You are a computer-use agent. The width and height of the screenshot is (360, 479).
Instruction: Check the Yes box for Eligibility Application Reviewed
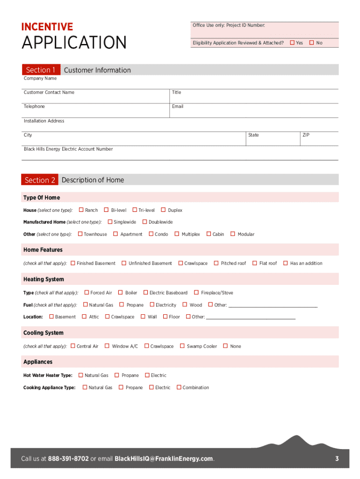pyautogui.click(x=292, y=43)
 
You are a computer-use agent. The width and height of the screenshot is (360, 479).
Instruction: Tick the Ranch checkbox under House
pyautogui.click(x=81, y=210)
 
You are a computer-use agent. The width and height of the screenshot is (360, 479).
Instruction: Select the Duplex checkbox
pyautogui.click(x=163, y=210)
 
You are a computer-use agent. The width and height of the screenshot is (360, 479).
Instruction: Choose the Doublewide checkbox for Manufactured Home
pyautogui.click(x=144, y=222)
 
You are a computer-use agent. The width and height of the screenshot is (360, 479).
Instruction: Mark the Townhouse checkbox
pyautogui.click(x=80, y=234)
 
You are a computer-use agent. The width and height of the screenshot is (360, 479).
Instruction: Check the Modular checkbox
pyautogui.click(x=233, y=234)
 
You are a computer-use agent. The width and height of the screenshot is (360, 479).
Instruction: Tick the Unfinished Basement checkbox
pyautogui.click(x=124, y=263)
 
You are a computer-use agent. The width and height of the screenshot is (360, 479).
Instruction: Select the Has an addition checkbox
pyautogui.click(x=285, y=263)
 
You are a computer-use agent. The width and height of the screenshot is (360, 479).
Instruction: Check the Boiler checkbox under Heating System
pyautogui.click(x=120, y=292)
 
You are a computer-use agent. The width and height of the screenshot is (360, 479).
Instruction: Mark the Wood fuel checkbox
pyautogui.click(x=185, y=305)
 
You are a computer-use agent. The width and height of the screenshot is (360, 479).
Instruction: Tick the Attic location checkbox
pyautogui.click(x=84, y=317)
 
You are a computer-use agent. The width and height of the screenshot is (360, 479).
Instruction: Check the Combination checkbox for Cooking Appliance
pyautogui.click(x=179, y=387)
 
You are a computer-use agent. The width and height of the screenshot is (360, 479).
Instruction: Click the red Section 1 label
pyautogui.click(x=41, y=70)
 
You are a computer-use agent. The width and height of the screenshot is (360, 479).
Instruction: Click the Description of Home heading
pyautogui.click(x=93, y=180)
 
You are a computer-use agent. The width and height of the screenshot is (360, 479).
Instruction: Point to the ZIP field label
pyautogui.click(x=306, y=135)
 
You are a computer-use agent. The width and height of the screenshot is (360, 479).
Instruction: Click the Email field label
pyautogui.click(x=177, y=107)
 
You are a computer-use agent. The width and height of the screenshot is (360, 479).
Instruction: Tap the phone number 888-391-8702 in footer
pyautogui.click(x=68, y=458)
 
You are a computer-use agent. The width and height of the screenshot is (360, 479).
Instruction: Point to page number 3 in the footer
pyautogui.click(x=337, y=458)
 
